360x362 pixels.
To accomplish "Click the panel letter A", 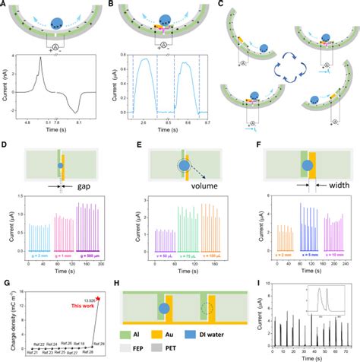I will click(5, 5).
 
